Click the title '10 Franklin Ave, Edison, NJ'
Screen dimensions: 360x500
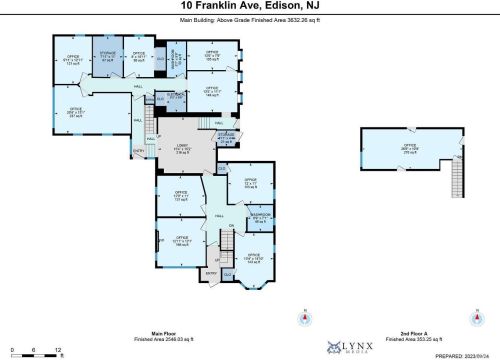click(249, 6)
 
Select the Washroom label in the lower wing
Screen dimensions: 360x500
click(259, 217)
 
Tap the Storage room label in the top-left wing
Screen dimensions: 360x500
click(106, 56)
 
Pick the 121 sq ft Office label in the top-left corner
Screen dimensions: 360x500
click(72, 59)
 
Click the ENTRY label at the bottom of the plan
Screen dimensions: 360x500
click(211, 272)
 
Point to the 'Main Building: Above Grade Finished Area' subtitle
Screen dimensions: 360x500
click(249, 19)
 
